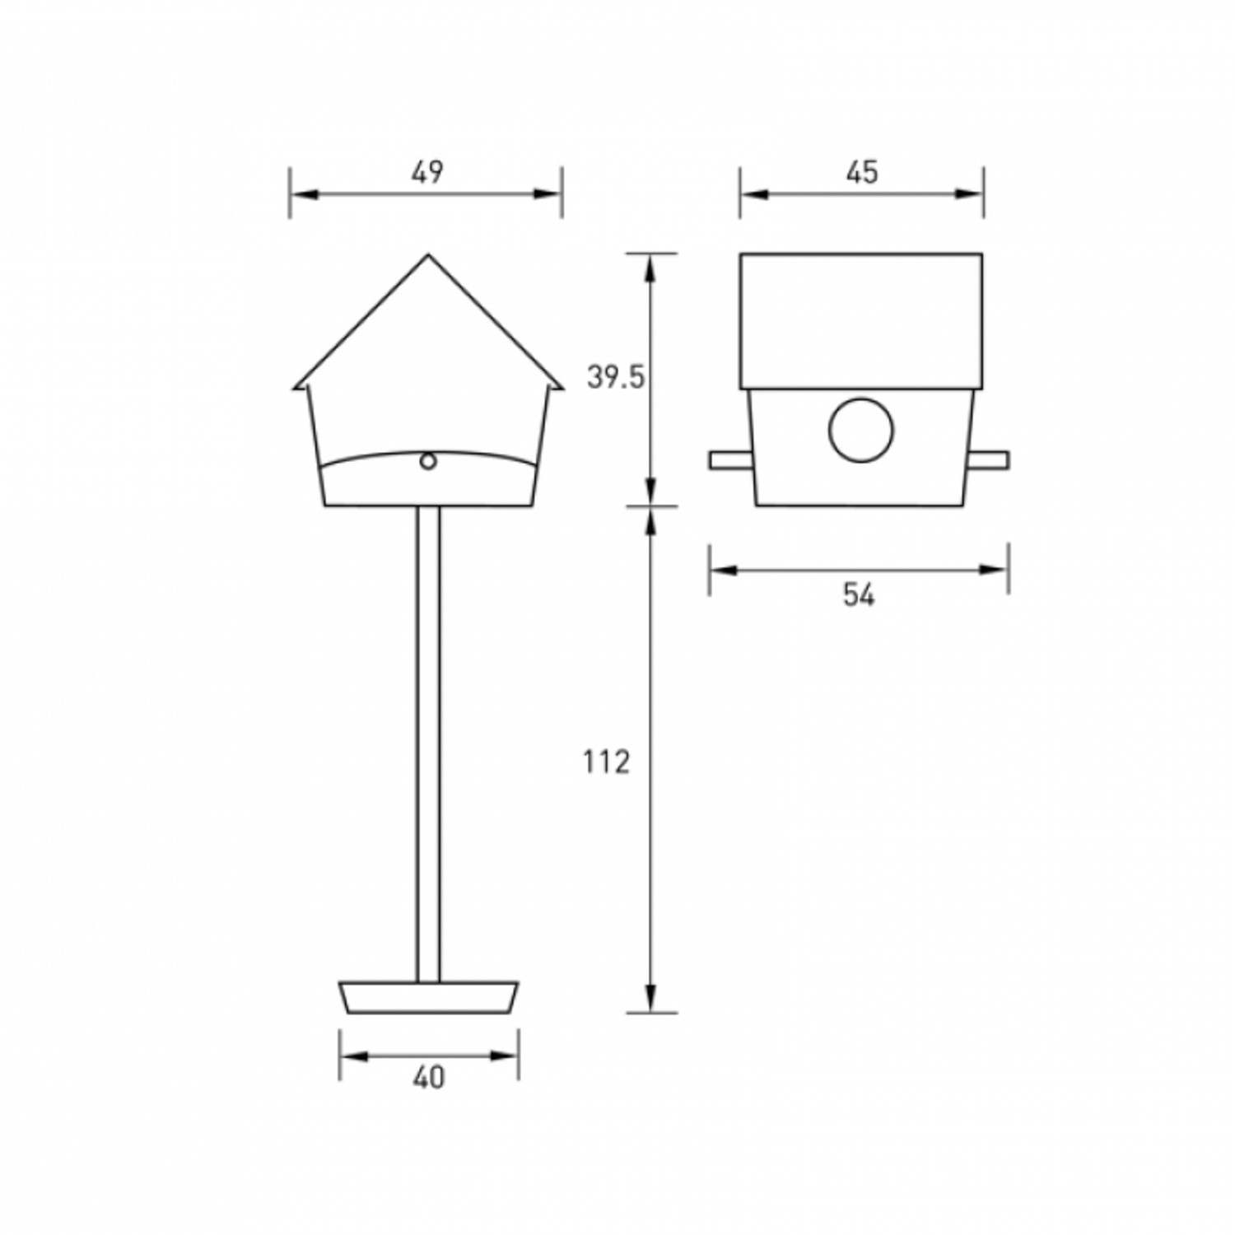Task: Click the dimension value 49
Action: (427, 171)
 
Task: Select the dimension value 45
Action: (862, 171)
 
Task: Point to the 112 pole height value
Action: (607, 762)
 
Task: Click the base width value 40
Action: (429, 1077)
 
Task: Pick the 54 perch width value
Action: (859, 594)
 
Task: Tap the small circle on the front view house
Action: (428, 461)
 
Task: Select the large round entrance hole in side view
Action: (861, 430)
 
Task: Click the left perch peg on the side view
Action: (731, 460)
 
